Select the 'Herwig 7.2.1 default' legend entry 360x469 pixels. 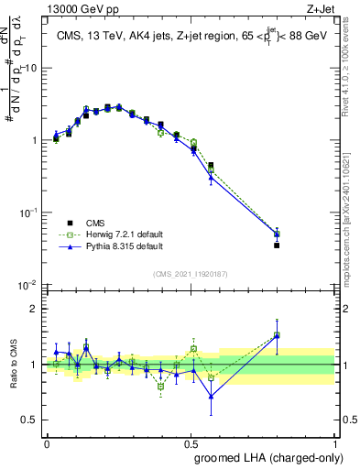[115, 234]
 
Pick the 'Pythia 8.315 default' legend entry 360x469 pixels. [115, 246]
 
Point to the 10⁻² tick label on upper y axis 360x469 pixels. [27, 285]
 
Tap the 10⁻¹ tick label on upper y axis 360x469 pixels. [27, 213]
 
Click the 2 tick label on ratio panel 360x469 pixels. [34, 309]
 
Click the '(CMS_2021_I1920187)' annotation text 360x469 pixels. [191, 274]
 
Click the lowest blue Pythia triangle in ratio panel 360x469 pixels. [212, 397]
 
